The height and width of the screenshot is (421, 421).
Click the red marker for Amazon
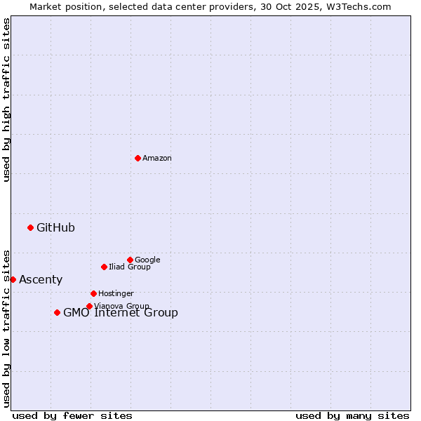coord(138,158)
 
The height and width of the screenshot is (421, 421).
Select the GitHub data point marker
coord(30,227)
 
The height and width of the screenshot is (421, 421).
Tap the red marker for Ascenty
coord(13,279)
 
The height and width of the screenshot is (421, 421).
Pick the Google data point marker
coord(130,260)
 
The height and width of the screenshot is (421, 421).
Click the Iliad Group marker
coord(104,267)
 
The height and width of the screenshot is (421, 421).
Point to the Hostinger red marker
coord(93,293)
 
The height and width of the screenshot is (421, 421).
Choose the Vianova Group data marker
coord(89,306)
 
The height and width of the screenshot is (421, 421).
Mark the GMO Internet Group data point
coord(57,312)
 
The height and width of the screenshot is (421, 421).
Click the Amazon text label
coord(157,159)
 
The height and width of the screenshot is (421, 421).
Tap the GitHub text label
coord(55,227)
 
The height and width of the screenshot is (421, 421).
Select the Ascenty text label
coord(41,280)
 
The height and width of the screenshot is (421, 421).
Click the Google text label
coord(147,260)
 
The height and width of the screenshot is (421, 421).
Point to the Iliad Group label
coord(130,267)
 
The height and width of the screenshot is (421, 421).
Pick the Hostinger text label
coord(116,294)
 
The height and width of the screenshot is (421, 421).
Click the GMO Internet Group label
coord(121,313)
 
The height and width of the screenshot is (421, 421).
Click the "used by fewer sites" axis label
coord(72,415)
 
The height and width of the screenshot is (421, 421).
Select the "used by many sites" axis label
coord(352,415)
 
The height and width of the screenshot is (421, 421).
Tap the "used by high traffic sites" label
coord(6,100)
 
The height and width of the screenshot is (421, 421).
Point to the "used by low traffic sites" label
coord(6,328)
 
